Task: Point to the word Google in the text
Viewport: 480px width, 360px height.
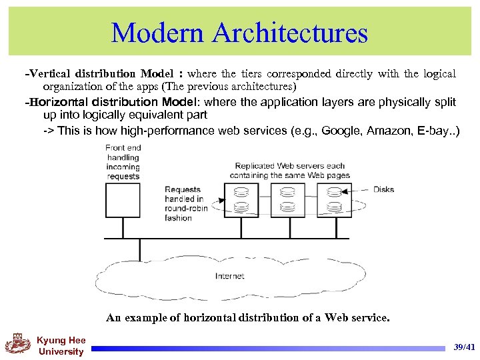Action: [x=339, y=131]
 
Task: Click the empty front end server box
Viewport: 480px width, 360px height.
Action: [x=123, y=200]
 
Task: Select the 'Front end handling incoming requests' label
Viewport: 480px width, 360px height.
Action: [x=123, y=162]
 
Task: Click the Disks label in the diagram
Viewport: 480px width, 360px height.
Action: [x=383, y=189]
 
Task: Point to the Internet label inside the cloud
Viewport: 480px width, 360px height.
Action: [x=229, y=276]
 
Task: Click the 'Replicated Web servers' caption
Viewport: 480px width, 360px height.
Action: [x=289, y=170]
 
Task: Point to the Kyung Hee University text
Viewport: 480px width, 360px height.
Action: [x=61, y=346]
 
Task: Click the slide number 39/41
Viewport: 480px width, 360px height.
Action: [x=464, y=347]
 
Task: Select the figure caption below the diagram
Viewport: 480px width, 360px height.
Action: [x=247, y=317]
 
